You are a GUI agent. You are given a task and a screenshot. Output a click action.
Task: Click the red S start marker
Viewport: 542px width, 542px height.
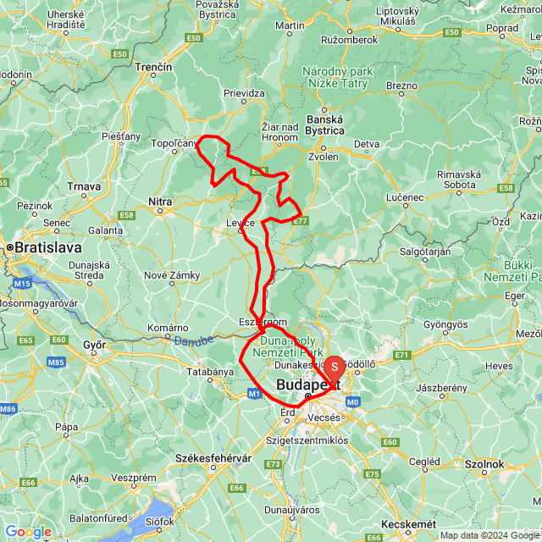(335, 367)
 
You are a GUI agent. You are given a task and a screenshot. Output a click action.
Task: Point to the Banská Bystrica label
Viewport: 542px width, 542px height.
(325, 124)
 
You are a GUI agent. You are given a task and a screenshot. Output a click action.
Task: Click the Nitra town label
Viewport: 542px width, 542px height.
(160, 202)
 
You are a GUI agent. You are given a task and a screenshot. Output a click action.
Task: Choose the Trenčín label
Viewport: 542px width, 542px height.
(155, 67)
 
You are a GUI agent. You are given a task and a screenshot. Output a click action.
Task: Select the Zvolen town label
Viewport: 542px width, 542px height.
(323, 158)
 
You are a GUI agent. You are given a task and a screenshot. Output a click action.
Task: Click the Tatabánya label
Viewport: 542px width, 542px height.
(210, 372)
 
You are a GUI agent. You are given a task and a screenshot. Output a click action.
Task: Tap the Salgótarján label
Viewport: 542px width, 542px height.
(425, 251)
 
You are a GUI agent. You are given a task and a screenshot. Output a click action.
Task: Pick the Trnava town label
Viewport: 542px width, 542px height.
(85, 186)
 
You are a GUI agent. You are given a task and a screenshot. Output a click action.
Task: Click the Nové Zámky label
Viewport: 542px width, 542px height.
(172, 275)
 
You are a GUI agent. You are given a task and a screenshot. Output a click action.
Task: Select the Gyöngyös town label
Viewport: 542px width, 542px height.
(445, 324)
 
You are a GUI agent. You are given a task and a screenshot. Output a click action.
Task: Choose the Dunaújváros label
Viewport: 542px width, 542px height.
(317, 511)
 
